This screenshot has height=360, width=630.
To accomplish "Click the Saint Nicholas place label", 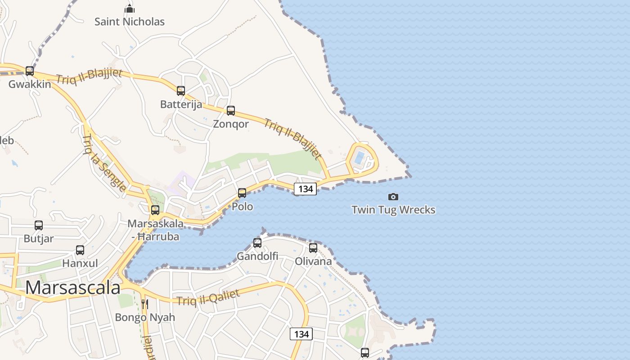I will pyautogui.click(x=130, y=21).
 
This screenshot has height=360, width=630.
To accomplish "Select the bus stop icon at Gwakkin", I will pyautogui.click(x=30, y=71).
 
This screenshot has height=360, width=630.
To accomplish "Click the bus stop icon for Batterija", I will pyautogui.click(x=181, y=91).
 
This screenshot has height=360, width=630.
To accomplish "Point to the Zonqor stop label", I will pyautogui.click(x=230, y=124).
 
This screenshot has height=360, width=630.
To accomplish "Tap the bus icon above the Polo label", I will pyautogui.click(x=242, y=193).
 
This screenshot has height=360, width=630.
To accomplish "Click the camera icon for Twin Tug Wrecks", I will pyautogui.click(x=393, y=197).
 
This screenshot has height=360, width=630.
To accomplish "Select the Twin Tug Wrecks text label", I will pyautogui.click(x=393, y=210).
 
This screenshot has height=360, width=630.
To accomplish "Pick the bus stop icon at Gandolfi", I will pyautogui.click(x=257, y=243).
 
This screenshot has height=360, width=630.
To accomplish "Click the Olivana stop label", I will pyautogui.click(x=313, y=261).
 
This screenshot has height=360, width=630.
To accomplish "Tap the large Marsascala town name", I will pyautogui.click(x=73, y=288).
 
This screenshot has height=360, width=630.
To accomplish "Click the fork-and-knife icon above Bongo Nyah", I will pyautogui.click(x=144, y=304).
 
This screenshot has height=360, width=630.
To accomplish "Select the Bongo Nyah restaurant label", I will pyautogui.click(x=145, y=317).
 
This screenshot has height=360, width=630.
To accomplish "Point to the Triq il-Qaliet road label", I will pyautogui.click(x=208, y=297).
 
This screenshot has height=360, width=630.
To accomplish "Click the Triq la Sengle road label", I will pyautogui.click(x=104, y=162).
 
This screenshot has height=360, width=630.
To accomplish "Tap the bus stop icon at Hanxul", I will pyautogui.click(x=80, y=250).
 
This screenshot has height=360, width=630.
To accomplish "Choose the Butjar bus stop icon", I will pyautogui.click(x=39, y=225).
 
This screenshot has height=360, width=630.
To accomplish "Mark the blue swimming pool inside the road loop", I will pyautogui.click(x=359, y=157).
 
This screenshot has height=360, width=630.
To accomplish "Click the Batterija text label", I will pyautogui.click(x=181, y=104).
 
